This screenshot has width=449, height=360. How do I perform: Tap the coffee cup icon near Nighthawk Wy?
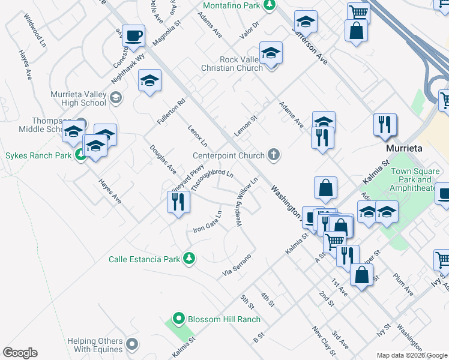pos(133,35)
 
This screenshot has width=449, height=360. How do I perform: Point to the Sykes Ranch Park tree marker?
pos(79,156)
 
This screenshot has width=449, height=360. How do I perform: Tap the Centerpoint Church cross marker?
pos(273,155)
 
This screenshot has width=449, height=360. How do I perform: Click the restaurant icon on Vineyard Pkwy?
pos(178,202)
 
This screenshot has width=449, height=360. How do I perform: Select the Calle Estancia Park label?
pos(144,259)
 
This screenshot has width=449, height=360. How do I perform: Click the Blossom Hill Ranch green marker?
pos(178,319)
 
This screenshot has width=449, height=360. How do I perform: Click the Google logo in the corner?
pos(20,353)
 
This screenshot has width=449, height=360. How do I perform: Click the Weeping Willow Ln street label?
pos(247,202)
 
